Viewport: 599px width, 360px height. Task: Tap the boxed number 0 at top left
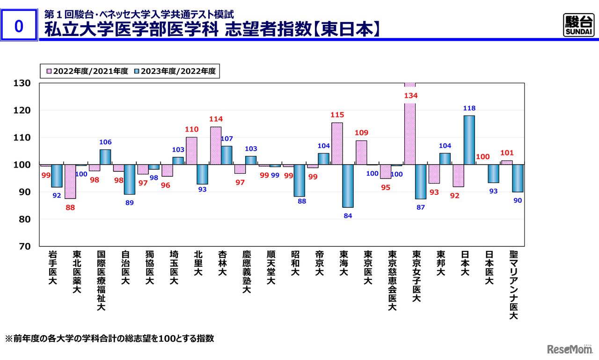[19, 27]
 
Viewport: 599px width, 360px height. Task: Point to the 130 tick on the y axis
[22, 83]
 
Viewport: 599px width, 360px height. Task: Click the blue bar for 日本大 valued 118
[469, 140]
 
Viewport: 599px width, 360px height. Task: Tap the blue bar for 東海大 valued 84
[348, 186]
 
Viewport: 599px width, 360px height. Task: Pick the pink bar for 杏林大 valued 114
[216, 146]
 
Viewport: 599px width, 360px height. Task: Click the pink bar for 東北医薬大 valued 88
[70, 182]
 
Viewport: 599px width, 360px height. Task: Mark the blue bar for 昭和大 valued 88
[299, 181]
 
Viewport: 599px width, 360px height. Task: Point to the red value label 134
[410, 96]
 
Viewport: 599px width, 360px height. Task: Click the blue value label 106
[105, 142]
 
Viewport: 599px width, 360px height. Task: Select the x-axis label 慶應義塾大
[247, 272]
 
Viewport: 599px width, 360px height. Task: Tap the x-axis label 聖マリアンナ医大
[513, 285]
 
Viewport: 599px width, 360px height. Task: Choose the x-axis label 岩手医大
[52, 268]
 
